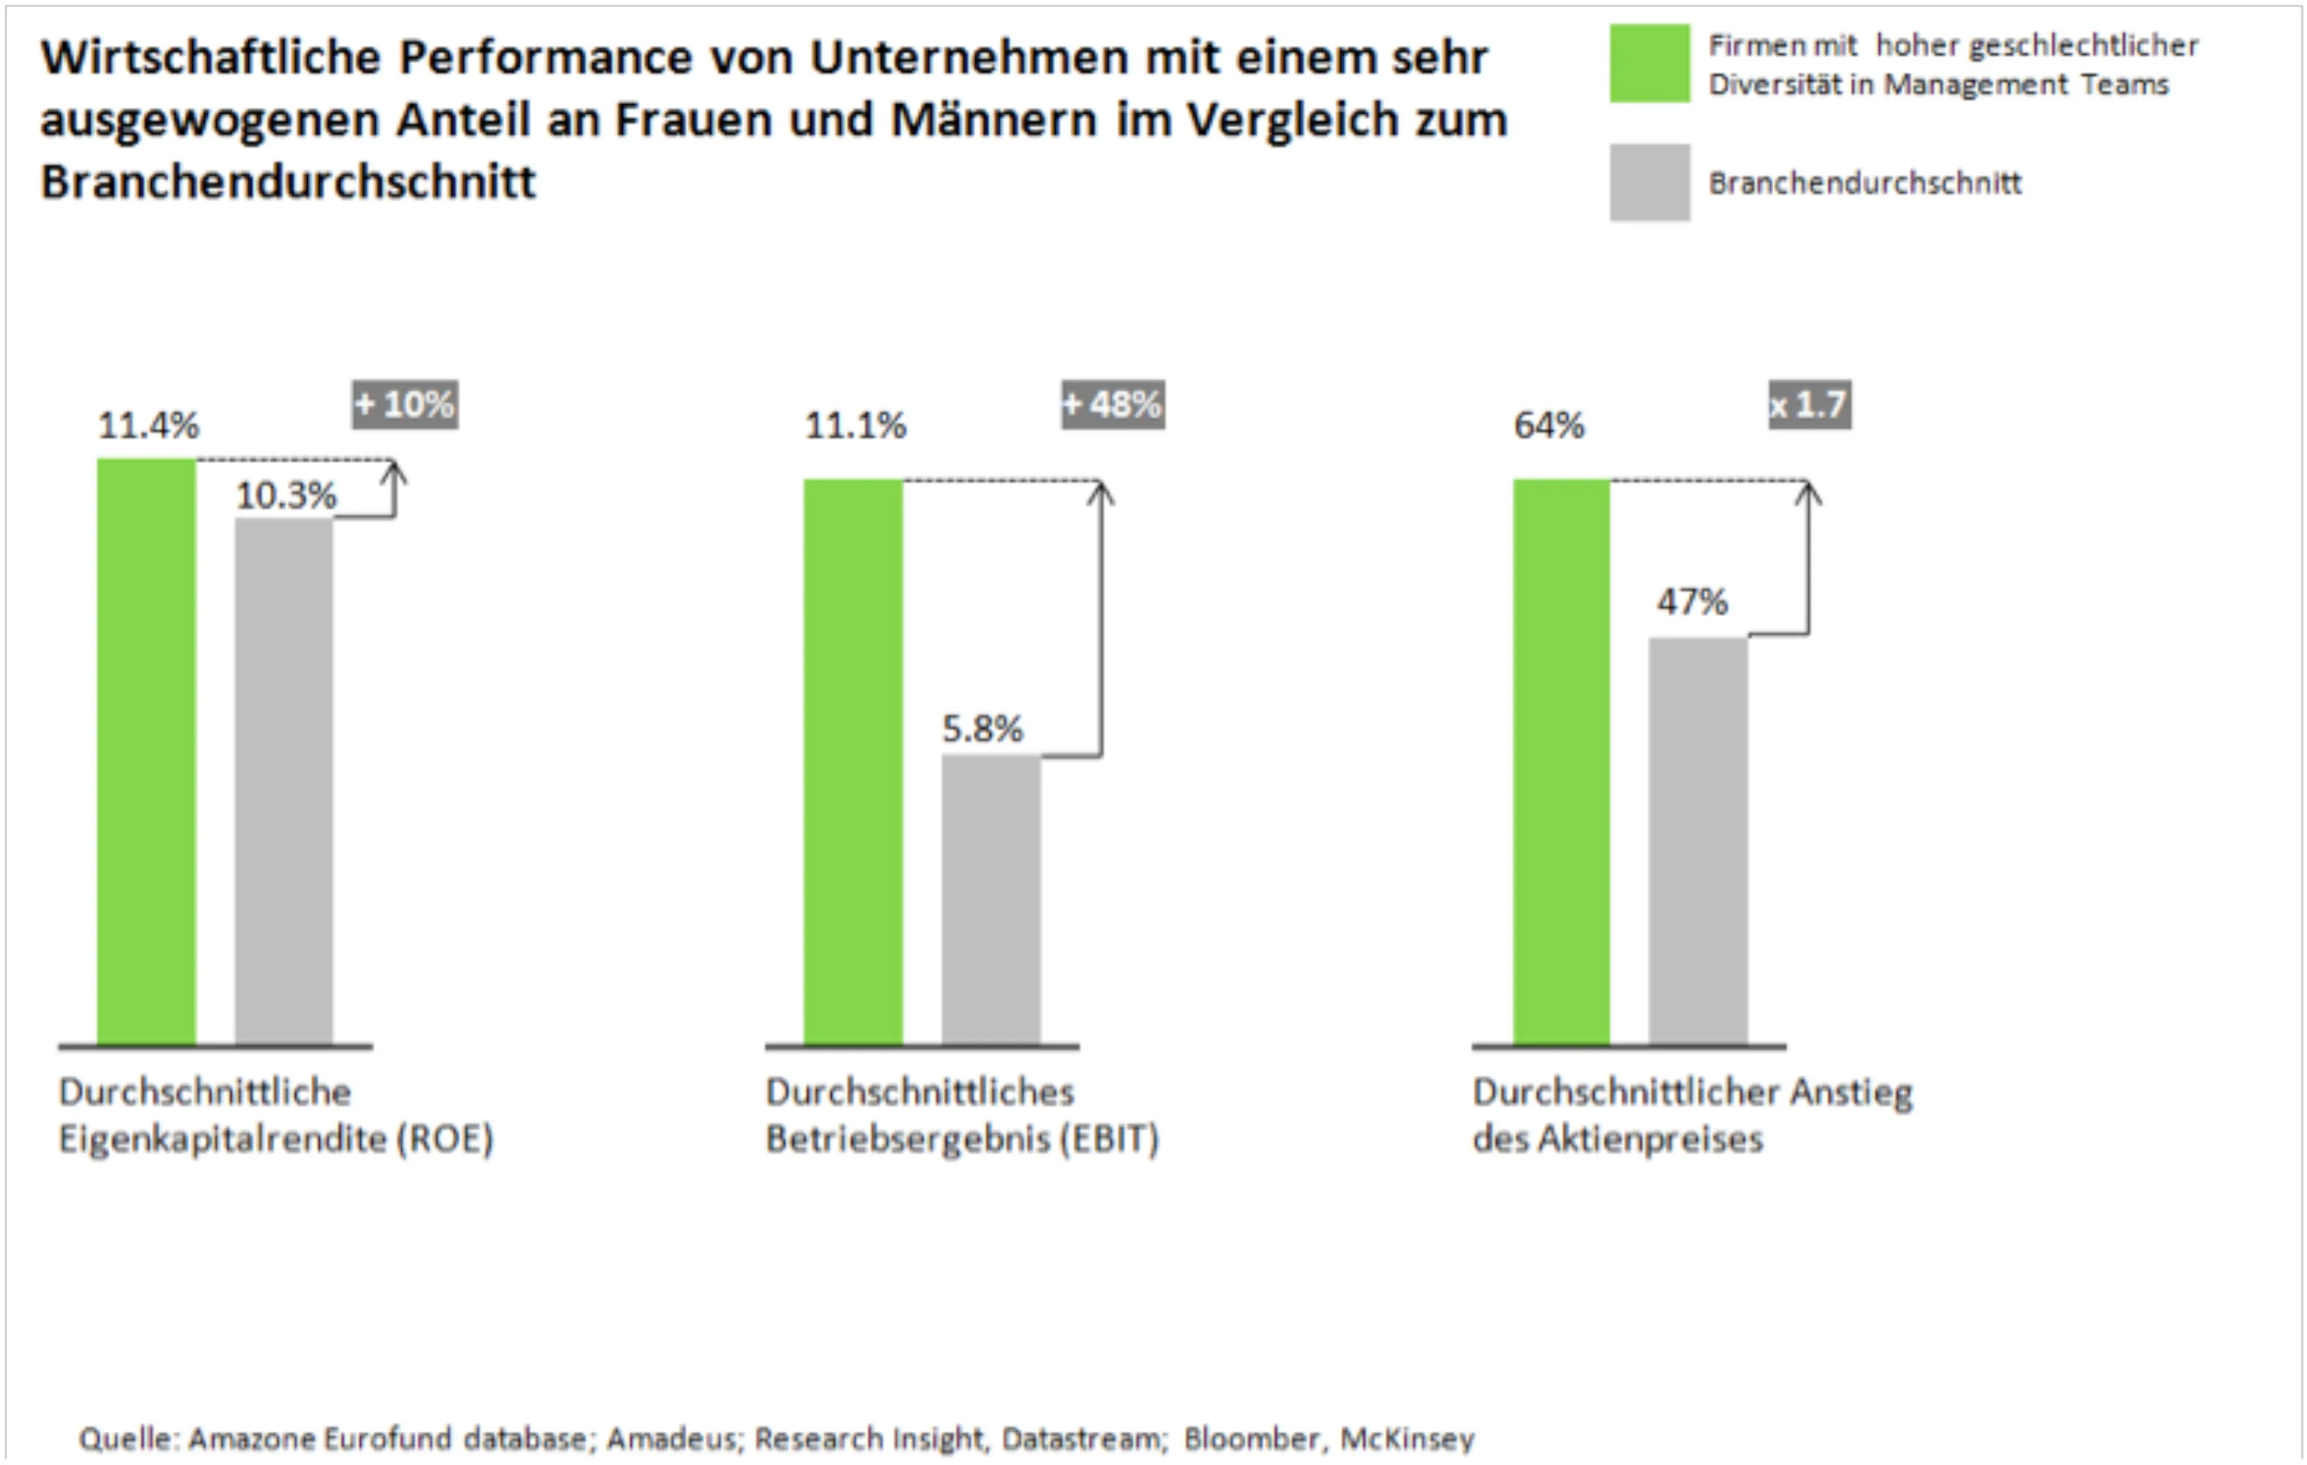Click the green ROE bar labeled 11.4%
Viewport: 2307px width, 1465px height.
coord(147,752)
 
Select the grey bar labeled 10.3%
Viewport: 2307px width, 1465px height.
coord(284,781)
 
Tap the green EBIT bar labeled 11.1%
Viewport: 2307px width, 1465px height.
coord(852,762)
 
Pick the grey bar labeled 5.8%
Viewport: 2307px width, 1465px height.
coord(991,901)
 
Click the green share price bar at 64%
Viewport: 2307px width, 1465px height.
coord(1561,762)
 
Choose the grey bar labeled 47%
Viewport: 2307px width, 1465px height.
coord(1698,842)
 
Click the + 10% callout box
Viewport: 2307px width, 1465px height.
coord(405,405)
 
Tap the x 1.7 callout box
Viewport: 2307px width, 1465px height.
coord(1809,405)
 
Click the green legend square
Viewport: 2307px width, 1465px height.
coord(1649,64)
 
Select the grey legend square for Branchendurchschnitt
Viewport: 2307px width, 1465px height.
coord(1649,182)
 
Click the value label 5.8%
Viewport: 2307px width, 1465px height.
coord(982,729)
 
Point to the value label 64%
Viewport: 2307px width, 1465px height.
coord(1548,426)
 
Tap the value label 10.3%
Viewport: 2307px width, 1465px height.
coord(285,496)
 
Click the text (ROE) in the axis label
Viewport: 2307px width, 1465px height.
coord(446,1140)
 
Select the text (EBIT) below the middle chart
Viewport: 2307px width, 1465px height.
coord(1109,1140)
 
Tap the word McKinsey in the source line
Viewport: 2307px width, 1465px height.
coord(1407,1438)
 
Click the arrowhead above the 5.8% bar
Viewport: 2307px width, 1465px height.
coord(1101,491)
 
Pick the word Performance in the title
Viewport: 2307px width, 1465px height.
coord(544,57)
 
